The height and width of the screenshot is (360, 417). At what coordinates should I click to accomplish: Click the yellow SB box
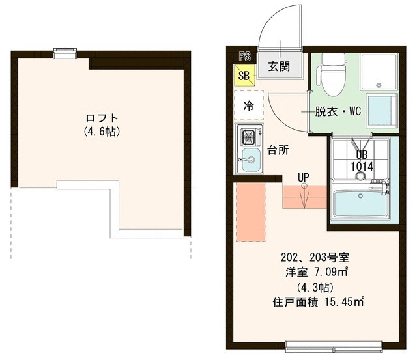click(x=244, y=76)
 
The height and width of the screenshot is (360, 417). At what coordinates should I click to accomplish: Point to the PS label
click(x=244, y=57)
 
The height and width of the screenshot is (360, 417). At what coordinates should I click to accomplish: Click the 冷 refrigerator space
click(x=248, y=105)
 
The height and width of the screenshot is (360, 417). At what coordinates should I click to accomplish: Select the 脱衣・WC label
click(x=338, y=111)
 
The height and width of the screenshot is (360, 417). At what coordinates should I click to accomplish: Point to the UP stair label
click(x=303, y=176)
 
